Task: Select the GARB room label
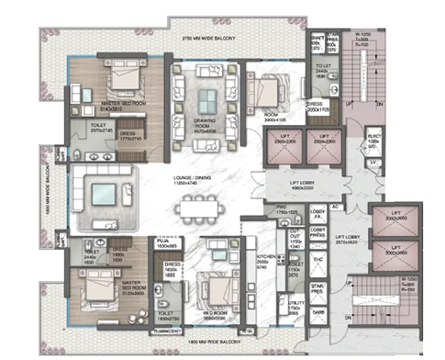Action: tap(320, 311)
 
